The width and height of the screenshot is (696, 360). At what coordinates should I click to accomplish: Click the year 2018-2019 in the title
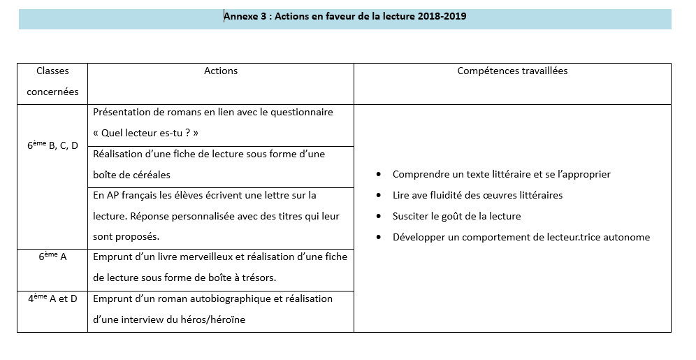click(442, 17)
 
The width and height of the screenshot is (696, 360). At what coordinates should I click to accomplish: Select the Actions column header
click(221, 71)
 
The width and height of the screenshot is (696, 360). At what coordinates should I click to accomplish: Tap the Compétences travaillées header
click(512, 71)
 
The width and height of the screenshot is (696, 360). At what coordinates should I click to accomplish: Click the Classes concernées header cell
click(52, 81)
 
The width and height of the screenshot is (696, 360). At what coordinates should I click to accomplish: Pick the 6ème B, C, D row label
click(52, 145)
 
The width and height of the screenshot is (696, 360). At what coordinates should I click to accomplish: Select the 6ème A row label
click(52, 257)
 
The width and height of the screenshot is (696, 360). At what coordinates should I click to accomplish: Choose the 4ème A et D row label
click(52, 298)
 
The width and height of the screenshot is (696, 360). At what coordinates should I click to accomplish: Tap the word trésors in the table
click(258, 278)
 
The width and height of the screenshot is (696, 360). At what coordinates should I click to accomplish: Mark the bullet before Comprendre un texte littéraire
click(379, 174)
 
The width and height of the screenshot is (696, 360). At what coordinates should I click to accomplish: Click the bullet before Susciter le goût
click(379, 216)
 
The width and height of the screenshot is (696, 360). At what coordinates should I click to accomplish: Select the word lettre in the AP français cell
click(269, 195)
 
